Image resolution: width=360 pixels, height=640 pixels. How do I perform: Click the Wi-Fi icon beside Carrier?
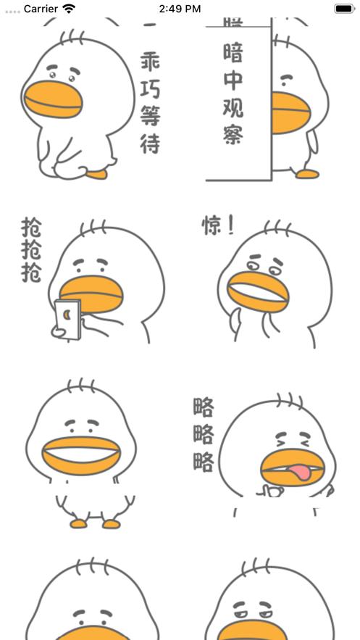[69, 9]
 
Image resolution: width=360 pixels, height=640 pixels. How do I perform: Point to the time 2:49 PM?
[179, 9]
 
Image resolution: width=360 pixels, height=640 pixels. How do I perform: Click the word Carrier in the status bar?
[41, 9]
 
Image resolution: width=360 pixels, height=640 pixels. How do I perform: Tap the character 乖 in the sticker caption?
[150, 61]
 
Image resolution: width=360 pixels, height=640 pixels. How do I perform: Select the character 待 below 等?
[150, 143]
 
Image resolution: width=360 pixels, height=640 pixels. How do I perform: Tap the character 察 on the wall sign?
[233, 134]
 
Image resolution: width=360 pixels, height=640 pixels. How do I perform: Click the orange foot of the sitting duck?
[96, 174]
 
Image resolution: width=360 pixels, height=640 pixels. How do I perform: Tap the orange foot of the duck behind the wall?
[306, 174]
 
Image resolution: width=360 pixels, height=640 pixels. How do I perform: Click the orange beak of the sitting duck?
[53, 99]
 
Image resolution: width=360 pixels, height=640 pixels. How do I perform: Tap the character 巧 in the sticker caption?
[150, 88]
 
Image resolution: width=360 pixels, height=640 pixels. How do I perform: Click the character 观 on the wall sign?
[233, 107]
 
